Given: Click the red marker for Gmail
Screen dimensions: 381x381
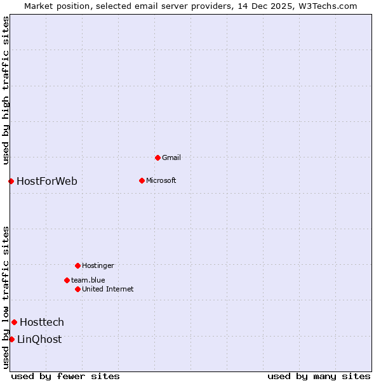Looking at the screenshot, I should [x=157, y=157].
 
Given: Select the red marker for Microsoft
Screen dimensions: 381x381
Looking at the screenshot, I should [x=142, y=180].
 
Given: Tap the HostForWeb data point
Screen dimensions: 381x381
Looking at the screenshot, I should [x=11, y=181].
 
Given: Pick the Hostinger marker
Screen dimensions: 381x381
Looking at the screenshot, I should [x=77, y=265].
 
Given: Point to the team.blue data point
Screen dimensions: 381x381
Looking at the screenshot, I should [x=67, y=280].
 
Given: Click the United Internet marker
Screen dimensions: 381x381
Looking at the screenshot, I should [x=77, y=289].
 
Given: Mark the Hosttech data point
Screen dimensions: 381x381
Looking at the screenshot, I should [x=14, y=322].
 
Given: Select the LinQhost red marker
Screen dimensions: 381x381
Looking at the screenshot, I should [x=11, y=339].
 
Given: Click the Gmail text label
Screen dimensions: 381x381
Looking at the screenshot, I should [x=171, y=157].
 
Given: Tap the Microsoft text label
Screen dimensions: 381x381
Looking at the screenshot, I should [x=161, y=180].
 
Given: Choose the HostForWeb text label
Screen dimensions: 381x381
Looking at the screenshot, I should [x=47, y=181].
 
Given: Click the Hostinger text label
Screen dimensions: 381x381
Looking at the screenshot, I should [x=98, y=265].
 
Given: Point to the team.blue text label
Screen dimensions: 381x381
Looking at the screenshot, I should [x=88, y=280].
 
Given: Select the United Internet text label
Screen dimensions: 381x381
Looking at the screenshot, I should [x=107, y=289].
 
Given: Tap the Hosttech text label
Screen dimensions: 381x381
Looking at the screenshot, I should [x=42, y=322].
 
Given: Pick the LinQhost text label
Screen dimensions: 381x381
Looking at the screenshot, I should [x=39, y=339].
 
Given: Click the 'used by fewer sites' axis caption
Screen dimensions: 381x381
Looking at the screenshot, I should [x=65, y=376].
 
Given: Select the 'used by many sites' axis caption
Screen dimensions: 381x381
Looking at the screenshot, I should [x=319, y=376].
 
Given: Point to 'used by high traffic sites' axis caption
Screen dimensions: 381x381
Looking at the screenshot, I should [x=6, y=90].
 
